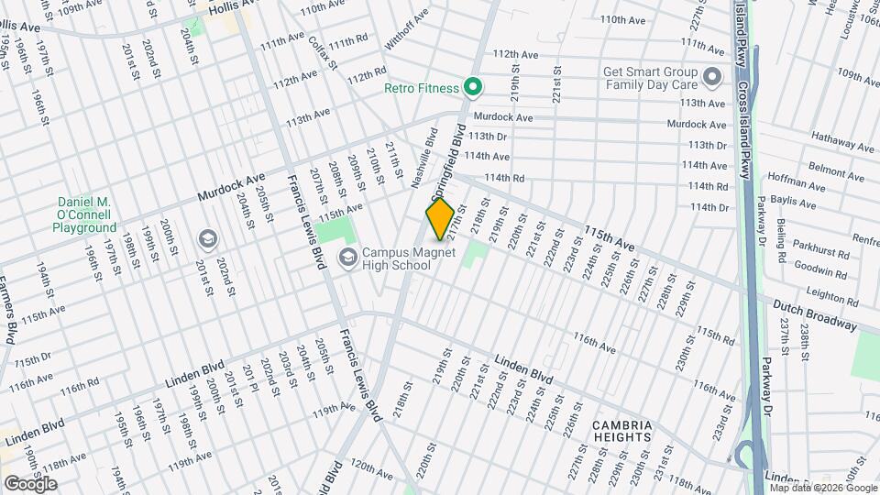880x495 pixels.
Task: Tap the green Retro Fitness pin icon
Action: (473, 88)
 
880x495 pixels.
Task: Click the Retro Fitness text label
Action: (421, 88)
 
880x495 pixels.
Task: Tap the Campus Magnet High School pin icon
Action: (347, 258)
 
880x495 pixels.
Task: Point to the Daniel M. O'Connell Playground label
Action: (84, 214)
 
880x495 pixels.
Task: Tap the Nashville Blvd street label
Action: (423, 159)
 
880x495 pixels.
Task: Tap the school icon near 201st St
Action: (207, 239)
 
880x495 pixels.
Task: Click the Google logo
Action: (30, 483)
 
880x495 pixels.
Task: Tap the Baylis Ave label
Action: (794, 203)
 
